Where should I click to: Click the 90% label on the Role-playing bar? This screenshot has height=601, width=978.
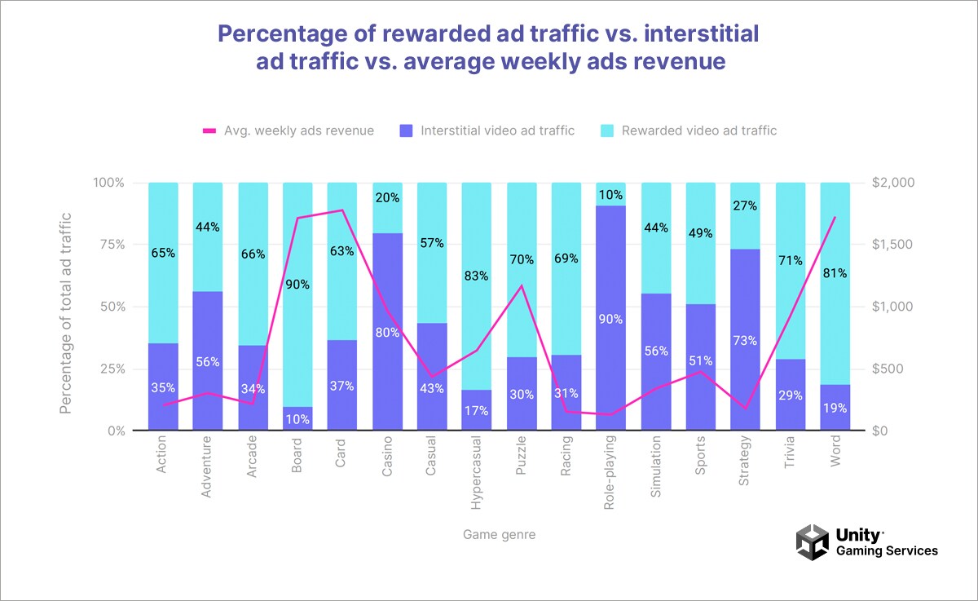tap(610, 319)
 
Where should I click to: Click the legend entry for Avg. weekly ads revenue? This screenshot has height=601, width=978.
tap(289, 130)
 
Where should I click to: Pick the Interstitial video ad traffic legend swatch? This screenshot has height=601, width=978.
tap(406, 130)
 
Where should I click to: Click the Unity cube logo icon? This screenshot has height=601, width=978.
tap(812, 542)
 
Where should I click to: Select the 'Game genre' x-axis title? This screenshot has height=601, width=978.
tap(499, 534)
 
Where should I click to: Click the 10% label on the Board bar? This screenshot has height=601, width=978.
tap(297, 419)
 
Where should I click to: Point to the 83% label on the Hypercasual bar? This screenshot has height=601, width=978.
tap(476, 276)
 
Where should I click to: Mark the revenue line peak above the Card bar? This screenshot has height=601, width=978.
tap(342, 210)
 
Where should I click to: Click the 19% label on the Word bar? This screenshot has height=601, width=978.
tap(835, 407)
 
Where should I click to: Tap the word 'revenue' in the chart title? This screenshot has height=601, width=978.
tap(681, 61)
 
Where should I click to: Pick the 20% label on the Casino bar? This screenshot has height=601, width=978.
tap(387, 197)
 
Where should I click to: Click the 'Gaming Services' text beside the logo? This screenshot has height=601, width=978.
tap(887, 551)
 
